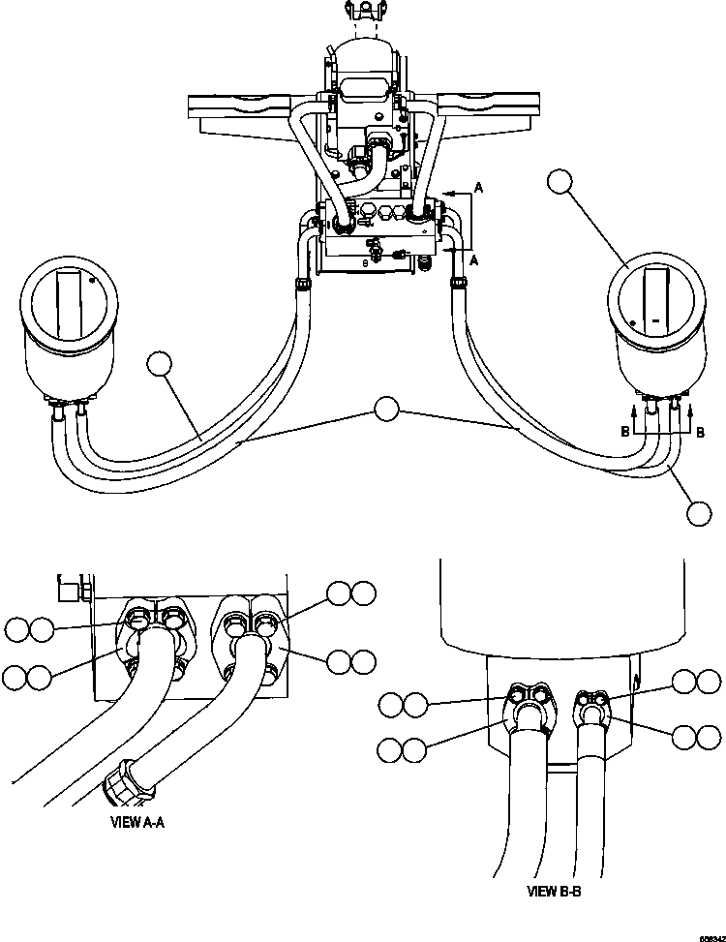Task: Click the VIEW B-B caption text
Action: coord(554,892)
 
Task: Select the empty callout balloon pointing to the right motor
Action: coord(560,182)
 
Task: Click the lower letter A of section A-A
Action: coord(473,260)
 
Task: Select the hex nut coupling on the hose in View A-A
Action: coord(127,780)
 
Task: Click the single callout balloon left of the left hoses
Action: coord(160,366)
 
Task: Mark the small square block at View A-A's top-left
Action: coord(68,587)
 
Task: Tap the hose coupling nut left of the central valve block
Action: coord(302,284)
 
